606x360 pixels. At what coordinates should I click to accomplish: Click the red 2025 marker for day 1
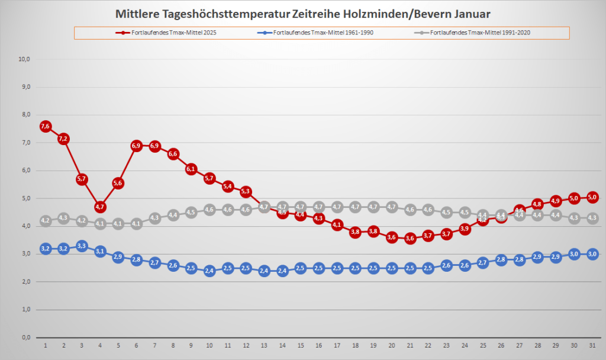[x=45, y=126]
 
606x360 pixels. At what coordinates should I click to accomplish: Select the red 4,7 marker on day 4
[x=99, y=207]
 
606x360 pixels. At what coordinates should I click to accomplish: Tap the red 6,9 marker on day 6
[x=136, y=146]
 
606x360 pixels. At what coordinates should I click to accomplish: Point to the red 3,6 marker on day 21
[x=410, y=238]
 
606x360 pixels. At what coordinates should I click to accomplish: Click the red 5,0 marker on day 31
[x=592, y=198]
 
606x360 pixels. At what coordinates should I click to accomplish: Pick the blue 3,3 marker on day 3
[x=82, y=246]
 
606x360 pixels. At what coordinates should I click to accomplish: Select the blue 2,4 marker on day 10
[x=209, y=271]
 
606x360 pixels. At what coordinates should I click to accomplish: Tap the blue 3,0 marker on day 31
[x=592, y=254]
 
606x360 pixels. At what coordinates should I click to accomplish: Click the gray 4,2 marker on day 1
[x=45, y=221]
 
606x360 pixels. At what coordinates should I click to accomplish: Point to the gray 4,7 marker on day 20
[x=391, y=207]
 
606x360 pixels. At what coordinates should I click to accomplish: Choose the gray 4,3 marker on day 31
[x=592, y=218]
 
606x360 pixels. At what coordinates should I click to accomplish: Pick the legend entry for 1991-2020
[x=474, y=33]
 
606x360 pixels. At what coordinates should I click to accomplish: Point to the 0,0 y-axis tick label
[x=25, y=337]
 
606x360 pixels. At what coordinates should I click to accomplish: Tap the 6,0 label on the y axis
[x=25, y=171]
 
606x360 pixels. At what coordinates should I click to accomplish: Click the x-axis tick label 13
[x=264, y=345]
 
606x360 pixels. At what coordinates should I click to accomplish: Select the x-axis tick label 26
[x=501, y=345]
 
